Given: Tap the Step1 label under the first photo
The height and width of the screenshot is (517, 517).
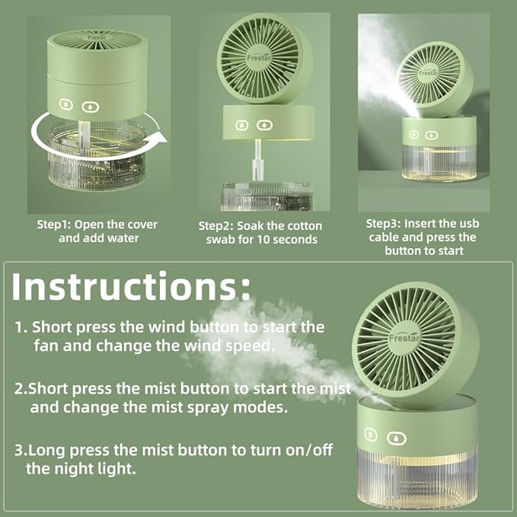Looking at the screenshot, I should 53,225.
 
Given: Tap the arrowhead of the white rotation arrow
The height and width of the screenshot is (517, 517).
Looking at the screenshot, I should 155,140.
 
